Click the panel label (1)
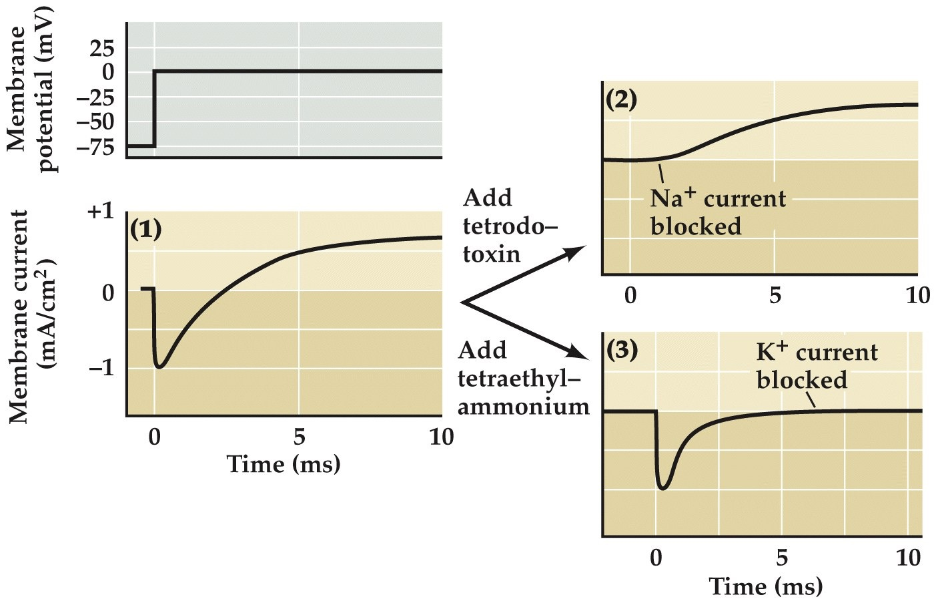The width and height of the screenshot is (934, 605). coord(145,229)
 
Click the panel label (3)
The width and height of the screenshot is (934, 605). coord(621,349)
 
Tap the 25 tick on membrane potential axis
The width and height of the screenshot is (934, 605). coord(103,48)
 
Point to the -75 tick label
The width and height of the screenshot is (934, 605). coord(95,147)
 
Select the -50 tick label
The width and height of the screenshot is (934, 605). coord(95,122)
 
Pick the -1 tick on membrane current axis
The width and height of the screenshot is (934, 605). coord(101,368)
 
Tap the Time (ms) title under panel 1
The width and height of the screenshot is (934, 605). coord(283,463)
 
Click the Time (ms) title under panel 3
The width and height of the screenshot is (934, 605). coord(765,586)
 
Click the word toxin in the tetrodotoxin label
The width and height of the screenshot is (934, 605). coord(492,254)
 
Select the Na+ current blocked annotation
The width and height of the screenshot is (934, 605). coord(717,212)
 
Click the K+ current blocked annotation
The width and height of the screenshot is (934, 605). coord(816,366)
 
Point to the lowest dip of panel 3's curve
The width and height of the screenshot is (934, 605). coord(662,488)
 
